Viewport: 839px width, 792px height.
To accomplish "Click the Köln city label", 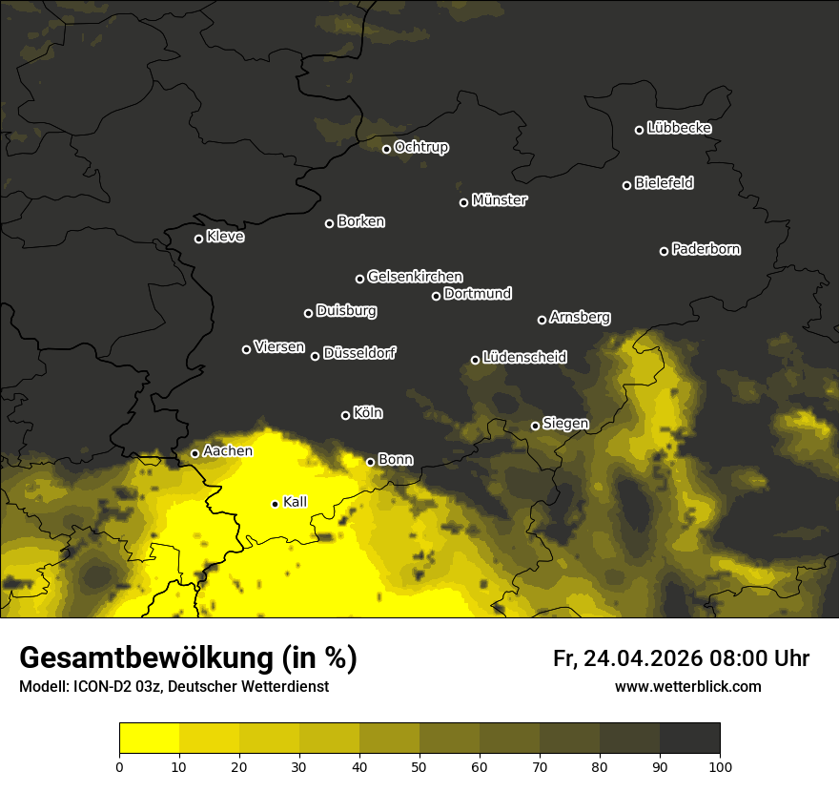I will (368, 413).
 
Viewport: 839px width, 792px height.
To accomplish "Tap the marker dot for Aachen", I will (194, 453).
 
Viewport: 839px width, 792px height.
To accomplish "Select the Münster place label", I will (500, 200).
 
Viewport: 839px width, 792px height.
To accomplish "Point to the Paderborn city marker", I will (664, 251).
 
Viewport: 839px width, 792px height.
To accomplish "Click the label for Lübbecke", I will (679, 128).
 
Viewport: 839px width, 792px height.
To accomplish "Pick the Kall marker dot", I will (275, 504).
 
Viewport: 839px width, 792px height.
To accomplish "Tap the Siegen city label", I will (565, 424).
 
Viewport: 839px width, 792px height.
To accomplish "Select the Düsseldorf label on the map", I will (359, 353).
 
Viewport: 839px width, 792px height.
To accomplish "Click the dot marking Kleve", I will (198, 239).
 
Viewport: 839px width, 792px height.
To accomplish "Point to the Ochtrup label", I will (420, 147).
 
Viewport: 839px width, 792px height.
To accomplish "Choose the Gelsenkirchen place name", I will (415, 277).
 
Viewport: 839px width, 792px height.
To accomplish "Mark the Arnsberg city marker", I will (542, 320).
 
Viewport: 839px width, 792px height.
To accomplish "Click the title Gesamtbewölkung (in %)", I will (188, 658).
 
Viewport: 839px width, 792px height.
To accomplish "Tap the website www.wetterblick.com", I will (687, 686).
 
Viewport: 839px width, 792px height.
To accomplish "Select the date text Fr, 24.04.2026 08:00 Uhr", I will (681, 658).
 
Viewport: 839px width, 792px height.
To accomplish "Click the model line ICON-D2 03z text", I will (174, 686).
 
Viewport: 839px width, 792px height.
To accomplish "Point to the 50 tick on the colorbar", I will (419, 765).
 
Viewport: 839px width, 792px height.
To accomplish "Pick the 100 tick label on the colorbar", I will (720, 765).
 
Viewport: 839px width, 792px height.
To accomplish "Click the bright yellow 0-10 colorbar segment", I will (149, 739).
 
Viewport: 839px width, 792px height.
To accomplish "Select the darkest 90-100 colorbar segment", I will (689, 739).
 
